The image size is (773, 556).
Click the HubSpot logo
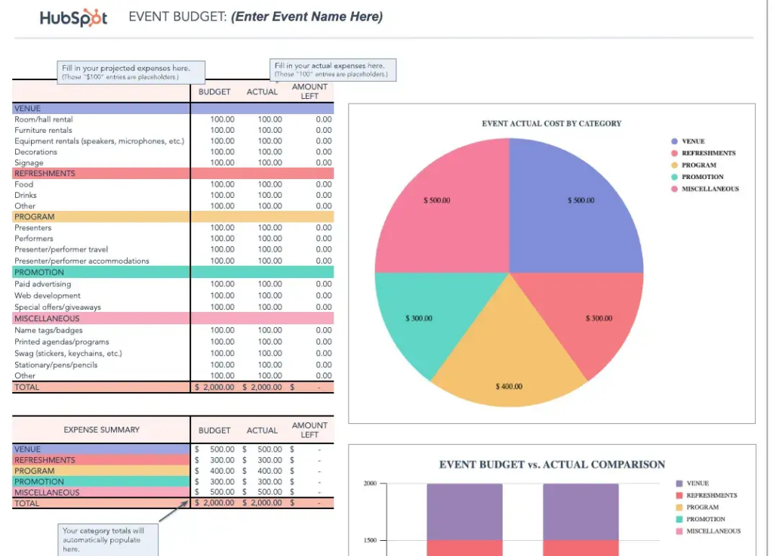coord(73,17)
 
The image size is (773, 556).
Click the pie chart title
coord(551,123)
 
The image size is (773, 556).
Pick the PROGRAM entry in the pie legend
coord(698,165)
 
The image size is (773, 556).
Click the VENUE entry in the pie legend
coord(692,141)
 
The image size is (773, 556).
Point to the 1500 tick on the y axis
coord(370,541)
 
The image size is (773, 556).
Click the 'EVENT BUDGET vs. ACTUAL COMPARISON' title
coord(552,465)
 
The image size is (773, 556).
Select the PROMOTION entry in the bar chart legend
coord(705,519)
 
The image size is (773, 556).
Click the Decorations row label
coord(35,152)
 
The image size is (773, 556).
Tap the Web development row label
coord(47,296)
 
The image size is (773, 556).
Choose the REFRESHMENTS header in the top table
coord(45,174)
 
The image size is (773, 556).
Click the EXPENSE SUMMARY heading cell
coord(101,430)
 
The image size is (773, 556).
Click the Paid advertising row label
coord(42,285)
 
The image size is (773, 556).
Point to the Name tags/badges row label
coord(48,330)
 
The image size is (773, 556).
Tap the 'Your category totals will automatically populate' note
coord(108,539)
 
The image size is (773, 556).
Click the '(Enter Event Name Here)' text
coord(306,17)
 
